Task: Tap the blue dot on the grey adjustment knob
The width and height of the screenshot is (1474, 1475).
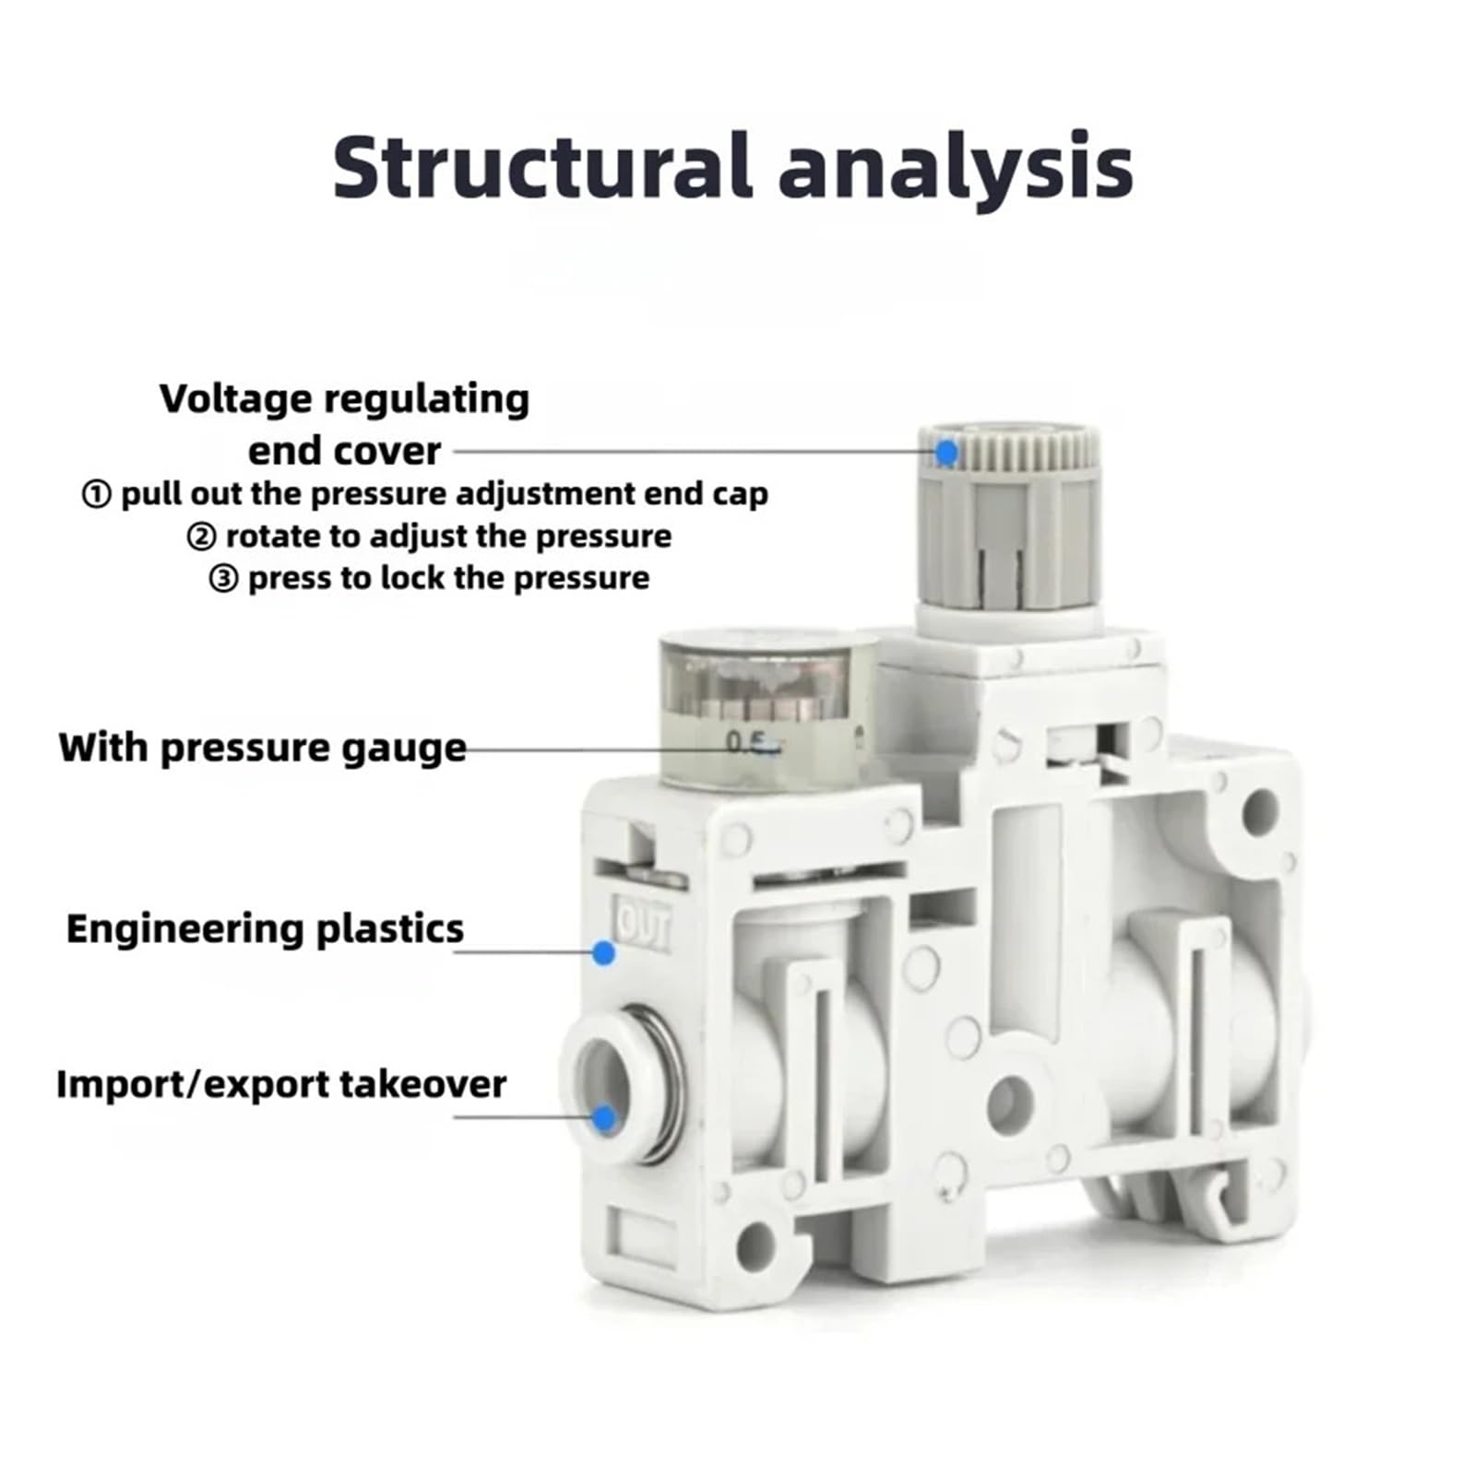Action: [946, 453]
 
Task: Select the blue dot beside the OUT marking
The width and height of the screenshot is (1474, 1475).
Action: [604, 952]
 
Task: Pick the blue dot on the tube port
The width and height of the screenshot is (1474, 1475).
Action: [604, 1118]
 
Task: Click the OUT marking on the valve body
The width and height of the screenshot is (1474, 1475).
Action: [643, 923]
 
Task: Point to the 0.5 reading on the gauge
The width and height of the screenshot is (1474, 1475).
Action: [746, 741]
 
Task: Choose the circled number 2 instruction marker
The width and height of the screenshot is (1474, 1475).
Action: [201, 537]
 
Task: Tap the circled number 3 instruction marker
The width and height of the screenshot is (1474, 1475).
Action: [223, 580]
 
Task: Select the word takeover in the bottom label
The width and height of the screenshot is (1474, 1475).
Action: [422, 1083]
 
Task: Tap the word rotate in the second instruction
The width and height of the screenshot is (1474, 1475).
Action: [277, 536]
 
